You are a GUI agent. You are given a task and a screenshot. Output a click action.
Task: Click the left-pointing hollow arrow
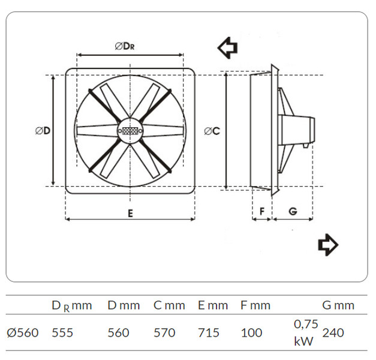pyautogui.click(x=227, y=48)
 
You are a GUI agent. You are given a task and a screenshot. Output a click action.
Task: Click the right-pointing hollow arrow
pyautogui.click(x=328, y=245)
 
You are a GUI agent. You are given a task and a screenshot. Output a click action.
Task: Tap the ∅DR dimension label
pyautogui.click(x=125, y=46)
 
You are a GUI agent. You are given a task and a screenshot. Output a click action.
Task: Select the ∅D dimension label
pyautogui.click(x=43, y=131)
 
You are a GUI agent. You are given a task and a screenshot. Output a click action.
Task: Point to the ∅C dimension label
pyautogui.click(x=212, y=131)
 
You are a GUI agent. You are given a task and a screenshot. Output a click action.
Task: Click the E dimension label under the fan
pyautogui.click(x=130, y=214)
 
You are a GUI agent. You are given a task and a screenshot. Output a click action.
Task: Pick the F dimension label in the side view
pyautogui.click(x=262, y=211)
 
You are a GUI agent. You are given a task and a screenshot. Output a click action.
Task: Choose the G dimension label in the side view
pyautogui.click(x=293, y=211)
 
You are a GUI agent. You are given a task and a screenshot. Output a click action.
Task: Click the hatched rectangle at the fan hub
pyautogui.click(x=130, y=131)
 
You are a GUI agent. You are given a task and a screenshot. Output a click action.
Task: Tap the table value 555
pyautogui.click(x=62, y=332)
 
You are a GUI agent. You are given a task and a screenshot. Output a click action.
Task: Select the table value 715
pyautogui.click(x=209, y=332)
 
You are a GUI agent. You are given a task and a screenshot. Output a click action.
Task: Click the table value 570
pyautogui.click(x=164, y=332)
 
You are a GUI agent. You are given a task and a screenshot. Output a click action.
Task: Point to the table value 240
pyautogui.click(x=333, y=332)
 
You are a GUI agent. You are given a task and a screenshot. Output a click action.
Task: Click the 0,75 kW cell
pyautogui.click(x=306, y=332)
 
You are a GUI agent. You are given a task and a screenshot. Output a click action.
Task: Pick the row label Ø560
pyautogui.click(x=23, y=332)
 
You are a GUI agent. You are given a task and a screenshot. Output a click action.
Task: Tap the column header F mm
pyautogui.click(x=255, y=305)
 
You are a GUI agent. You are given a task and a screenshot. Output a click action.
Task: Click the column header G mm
pyautogui.click(x=338, y=305)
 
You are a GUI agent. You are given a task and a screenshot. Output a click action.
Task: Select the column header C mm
pyautogui.click(x=169, y=305)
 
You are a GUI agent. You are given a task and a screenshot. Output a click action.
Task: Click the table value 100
pyautogui.click(x=251, y=332)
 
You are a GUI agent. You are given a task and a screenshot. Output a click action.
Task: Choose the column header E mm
pyautogui.click(x=213, y=305)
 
